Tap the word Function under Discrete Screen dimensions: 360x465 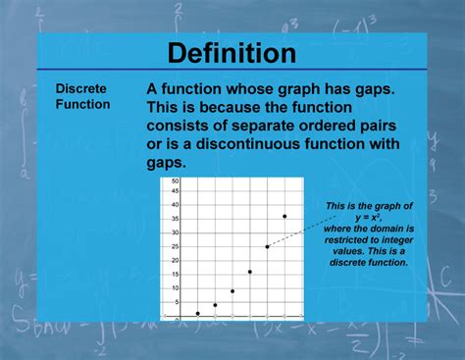[x=82, y=103]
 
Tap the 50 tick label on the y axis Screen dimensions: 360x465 [x=175, y=181]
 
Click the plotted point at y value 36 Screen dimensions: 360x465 [x=284, y=216]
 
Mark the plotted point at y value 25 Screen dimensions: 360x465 [x=267, y=246]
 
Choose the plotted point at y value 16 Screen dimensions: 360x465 [x=250, y=272]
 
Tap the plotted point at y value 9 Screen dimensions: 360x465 [x=232, y=290]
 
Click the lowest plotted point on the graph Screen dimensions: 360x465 [x=198, y=313]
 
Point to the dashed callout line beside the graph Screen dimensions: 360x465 [x=309, y=225]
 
